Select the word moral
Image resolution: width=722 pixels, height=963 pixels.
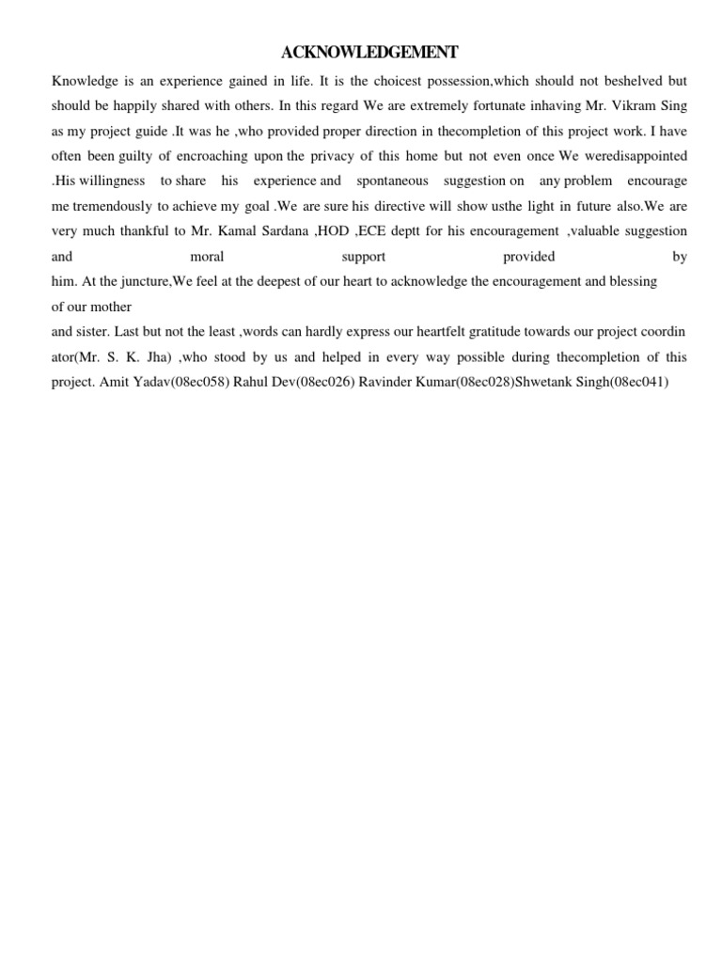point(207,256)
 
